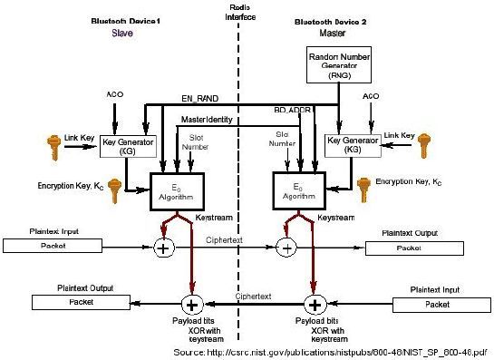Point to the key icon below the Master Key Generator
(x=366, y=189)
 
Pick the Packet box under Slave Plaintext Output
(x=78, y=301)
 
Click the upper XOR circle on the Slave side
(x=164, y=247)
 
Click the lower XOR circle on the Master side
(x=315, y=303)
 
